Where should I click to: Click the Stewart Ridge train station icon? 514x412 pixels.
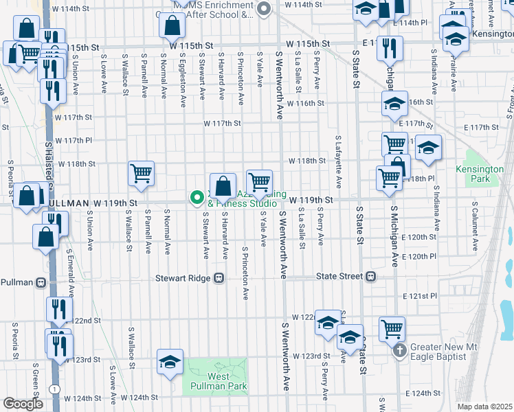219,278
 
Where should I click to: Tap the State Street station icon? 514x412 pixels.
371,277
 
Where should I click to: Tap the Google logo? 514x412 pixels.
23,404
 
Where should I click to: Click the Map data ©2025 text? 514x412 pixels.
484,407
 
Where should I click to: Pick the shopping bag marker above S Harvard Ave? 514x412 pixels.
223,185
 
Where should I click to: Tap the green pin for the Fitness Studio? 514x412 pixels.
197,198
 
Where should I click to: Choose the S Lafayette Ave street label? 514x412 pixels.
338,162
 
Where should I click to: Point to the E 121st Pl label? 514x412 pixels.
420,296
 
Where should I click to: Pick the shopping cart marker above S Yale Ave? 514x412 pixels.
259,182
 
